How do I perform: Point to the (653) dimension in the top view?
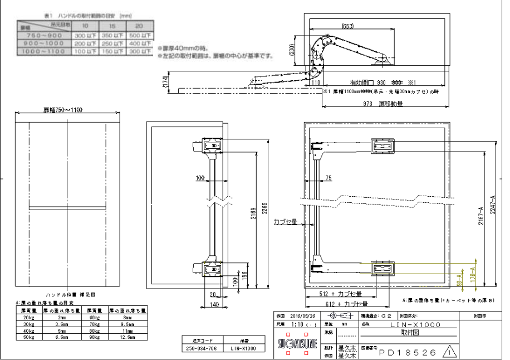348,26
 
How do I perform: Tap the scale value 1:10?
298,324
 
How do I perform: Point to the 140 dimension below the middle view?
213,304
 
